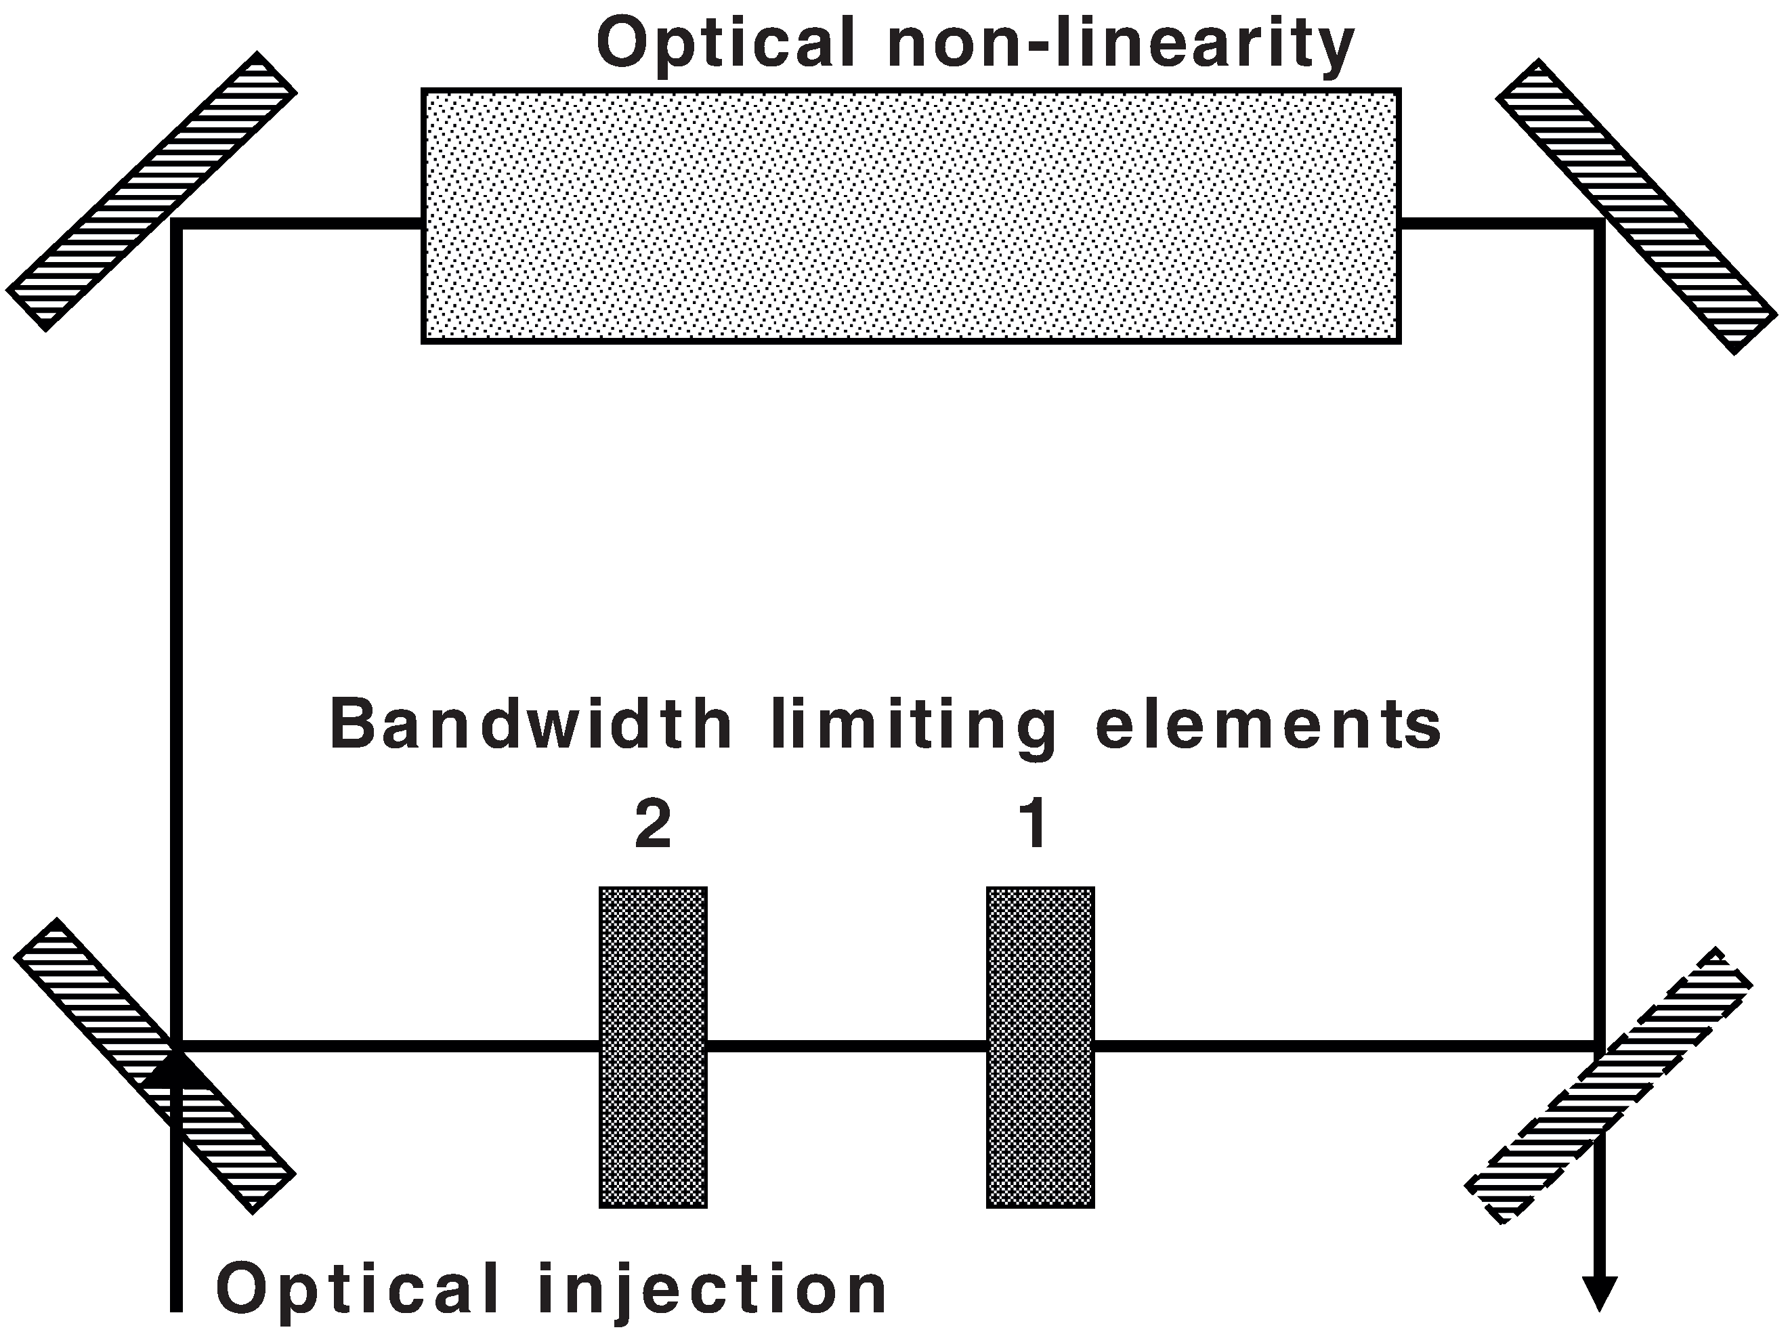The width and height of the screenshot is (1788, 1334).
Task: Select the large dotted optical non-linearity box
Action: tap(910, 217)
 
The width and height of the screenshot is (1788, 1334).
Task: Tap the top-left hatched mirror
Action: tap(151, 192)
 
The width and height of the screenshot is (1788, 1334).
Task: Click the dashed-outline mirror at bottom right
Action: tap(1609, 1086)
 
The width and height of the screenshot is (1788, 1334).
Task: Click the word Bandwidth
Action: tap(530, 725)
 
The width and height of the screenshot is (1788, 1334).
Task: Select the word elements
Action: tap(1268, 725)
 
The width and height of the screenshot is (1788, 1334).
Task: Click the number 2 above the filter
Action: tap(652, 825)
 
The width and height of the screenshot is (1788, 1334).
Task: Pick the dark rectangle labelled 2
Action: tap(652, 1048)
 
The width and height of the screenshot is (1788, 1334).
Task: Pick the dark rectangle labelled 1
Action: tap(1040, 1048)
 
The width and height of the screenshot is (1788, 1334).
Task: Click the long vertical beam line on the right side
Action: tap(1599, 630)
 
